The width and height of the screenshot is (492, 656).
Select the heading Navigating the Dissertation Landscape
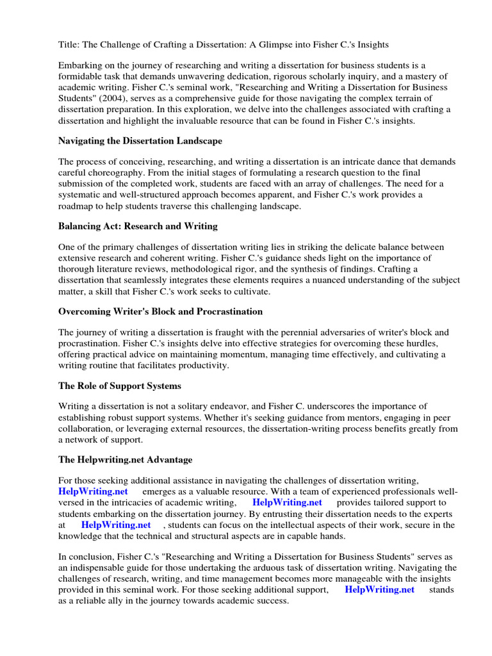click(x=140, y=140)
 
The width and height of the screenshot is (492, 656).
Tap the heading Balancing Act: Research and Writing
click(x=138, y=226)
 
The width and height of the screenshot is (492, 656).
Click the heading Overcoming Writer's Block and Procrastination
click(x=160, y=311)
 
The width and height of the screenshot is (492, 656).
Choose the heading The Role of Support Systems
click(x=120, y=386)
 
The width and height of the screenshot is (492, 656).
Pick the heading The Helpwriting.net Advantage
click(x=125, y=460)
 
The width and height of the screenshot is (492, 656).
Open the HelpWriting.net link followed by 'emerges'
click(x=93, y=491)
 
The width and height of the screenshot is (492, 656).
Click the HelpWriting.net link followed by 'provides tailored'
click(x=287, y=502)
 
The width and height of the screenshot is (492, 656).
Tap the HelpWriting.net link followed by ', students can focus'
click(x=116, y=525)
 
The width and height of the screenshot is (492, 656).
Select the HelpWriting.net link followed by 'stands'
click(x=379, y=589)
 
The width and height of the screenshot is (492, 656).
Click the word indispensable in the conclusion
click(x=106, y=568)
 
